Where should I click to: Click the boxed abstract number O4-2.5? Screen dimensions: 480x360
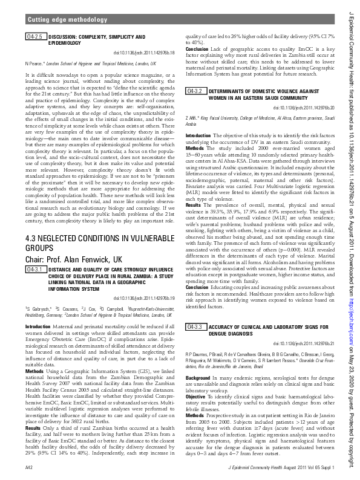[x=34, y=37]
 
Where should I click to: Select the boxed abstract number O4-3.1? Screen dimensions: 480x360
[x=34, y=269]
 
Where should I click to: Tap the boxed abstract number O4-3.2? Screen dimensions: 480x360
[x=195, y=91]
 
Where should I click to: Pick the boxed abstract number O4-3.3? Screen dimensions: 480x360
[x=195, y=326]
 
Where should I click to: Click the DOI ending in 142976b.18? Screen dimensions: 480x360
[x=145, y=53]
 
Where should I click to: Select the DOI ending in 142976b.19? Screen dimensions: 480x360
[x=145, y=297]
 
